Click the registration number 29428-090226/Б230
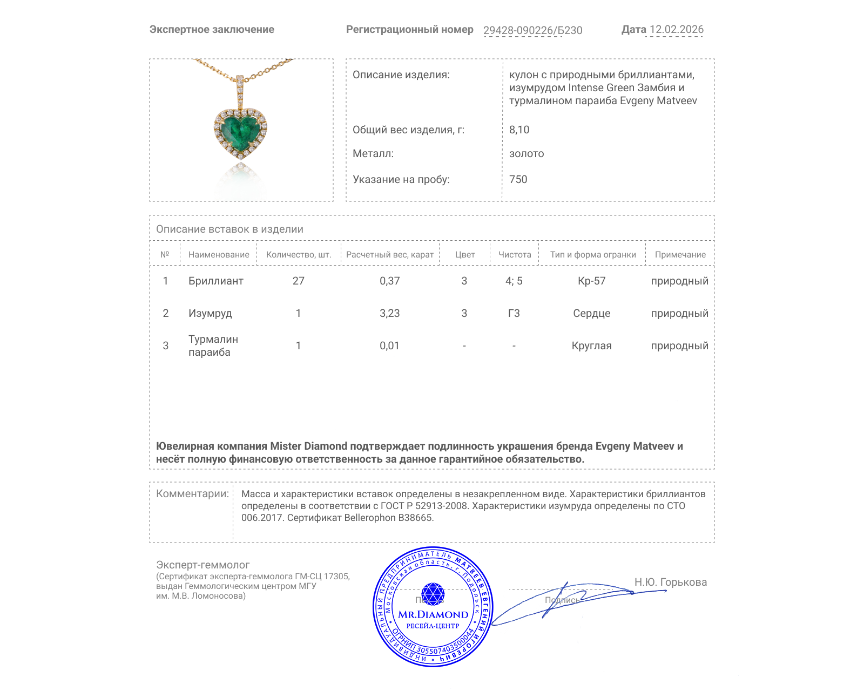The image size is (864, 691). click(532, 30)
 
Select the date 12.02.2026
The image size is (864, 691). click(676, 30)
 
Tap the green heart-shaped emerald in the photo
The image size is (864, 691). click(240, 131)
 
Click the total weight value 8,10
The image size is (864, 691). click(519, 130)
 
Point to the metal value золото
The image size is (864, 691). click(526, 153)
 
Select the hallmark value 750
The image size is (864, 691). click(518, 179)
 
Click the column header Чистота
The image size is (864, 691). click(515, 254)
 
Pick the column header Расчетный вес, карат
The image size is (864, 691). click(390, 254)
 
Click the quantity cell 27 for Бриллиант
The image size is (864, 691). click(298, 281)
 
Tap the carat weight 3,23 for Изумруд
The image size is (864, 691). click(389, 313)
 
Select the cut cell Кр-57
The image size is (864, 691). click(592, 281)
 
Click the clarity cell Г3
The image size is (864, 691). click(514, 313)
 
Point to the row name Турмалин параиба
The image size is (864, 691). click(213, 345)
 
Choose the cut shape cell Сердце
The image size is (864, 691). click(592, 313)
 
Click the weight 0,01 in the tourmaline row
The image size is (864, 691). click(389, 345)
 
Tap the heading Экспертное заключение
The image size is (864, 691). click(212, 30)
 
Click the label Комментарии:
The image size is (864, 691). click(192, 493)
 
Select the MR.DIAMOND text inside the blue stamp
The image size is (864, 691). click(433, 614)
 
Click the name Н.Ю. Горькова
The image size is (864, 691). click(670, 582)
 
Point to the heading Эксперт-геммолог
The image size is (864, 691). click(202, 565)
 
